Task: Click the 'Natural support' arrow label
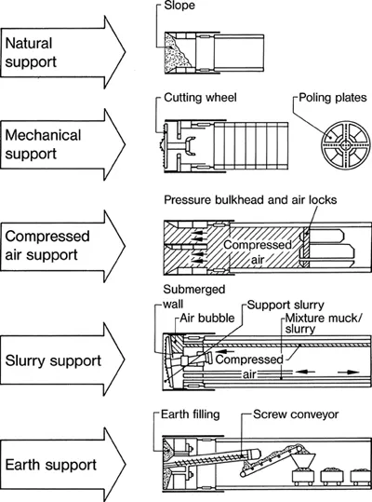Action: pos(31,52)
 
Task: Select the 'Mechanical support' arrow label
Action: pos(43,144)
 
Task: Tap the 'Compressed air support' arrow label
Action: pos(47,246)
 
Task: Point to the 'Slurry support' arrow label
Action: pos(53,360)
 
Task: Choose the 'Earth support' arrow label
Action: pos(51,465)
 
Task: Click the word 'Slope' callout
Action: pos(179,6)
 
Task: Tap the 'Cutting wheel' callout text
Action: pos(200,98)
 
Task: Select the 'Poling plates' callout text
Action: pos(333,98)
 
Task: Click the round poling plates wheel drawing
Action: pos(346,145)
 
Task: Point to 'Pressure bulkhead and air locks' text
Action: pos(250,200)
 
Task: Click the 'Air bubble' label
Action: pos(207,318)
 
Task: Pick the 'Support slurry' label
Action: pos(286,305)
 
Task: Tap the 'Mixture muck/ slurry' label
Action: pos(324,323)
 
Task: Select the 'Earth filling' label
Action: pos(190,414)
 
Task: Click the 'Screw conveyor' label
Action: pos(296,414)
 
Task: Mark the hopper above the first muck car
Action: pos(302,461)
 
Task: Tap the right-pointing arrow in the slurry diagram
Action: pos(349,372)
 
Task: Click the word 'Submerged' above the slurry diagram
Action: pos(194,290)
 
